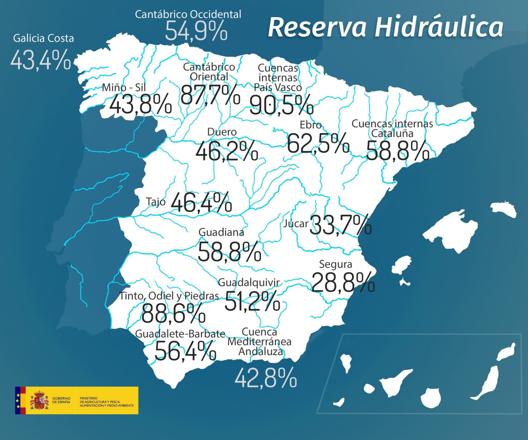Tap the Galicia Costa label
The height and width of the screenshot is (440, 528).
point(44,38)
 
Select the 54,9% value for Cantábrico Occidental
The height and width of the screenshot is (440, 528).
point(196,31)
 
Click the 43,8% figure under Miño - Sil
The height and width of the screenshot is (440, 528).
point(141,104)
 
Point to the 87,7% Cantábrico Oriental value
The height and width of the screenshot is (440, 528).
point(210,95)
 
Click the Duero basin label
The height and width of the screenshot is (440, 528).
point(222,132)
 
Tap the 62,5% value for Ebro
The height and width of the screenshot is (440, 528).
point(318,143)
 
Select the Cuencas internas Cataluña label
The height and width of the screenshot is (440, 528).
point(392,129)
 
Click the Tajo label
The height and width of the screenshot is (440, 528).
point(156,202)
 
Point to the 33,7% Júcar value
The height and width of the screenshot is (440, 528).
point(340,225)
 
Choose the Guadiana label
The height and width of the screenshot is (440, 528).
point(221,233)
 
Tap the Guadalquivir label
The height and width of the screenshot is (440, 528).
point(249,283)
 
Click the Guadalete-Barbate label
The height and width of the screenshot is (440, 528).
point(180,334)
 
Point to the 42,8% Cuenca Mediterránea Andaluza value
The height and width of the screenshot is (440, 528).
point(266,378)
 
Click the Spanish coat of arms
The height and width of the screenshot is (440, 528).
point(39,400)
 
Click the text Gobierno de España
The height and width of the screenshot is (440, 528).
point(61,400)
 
